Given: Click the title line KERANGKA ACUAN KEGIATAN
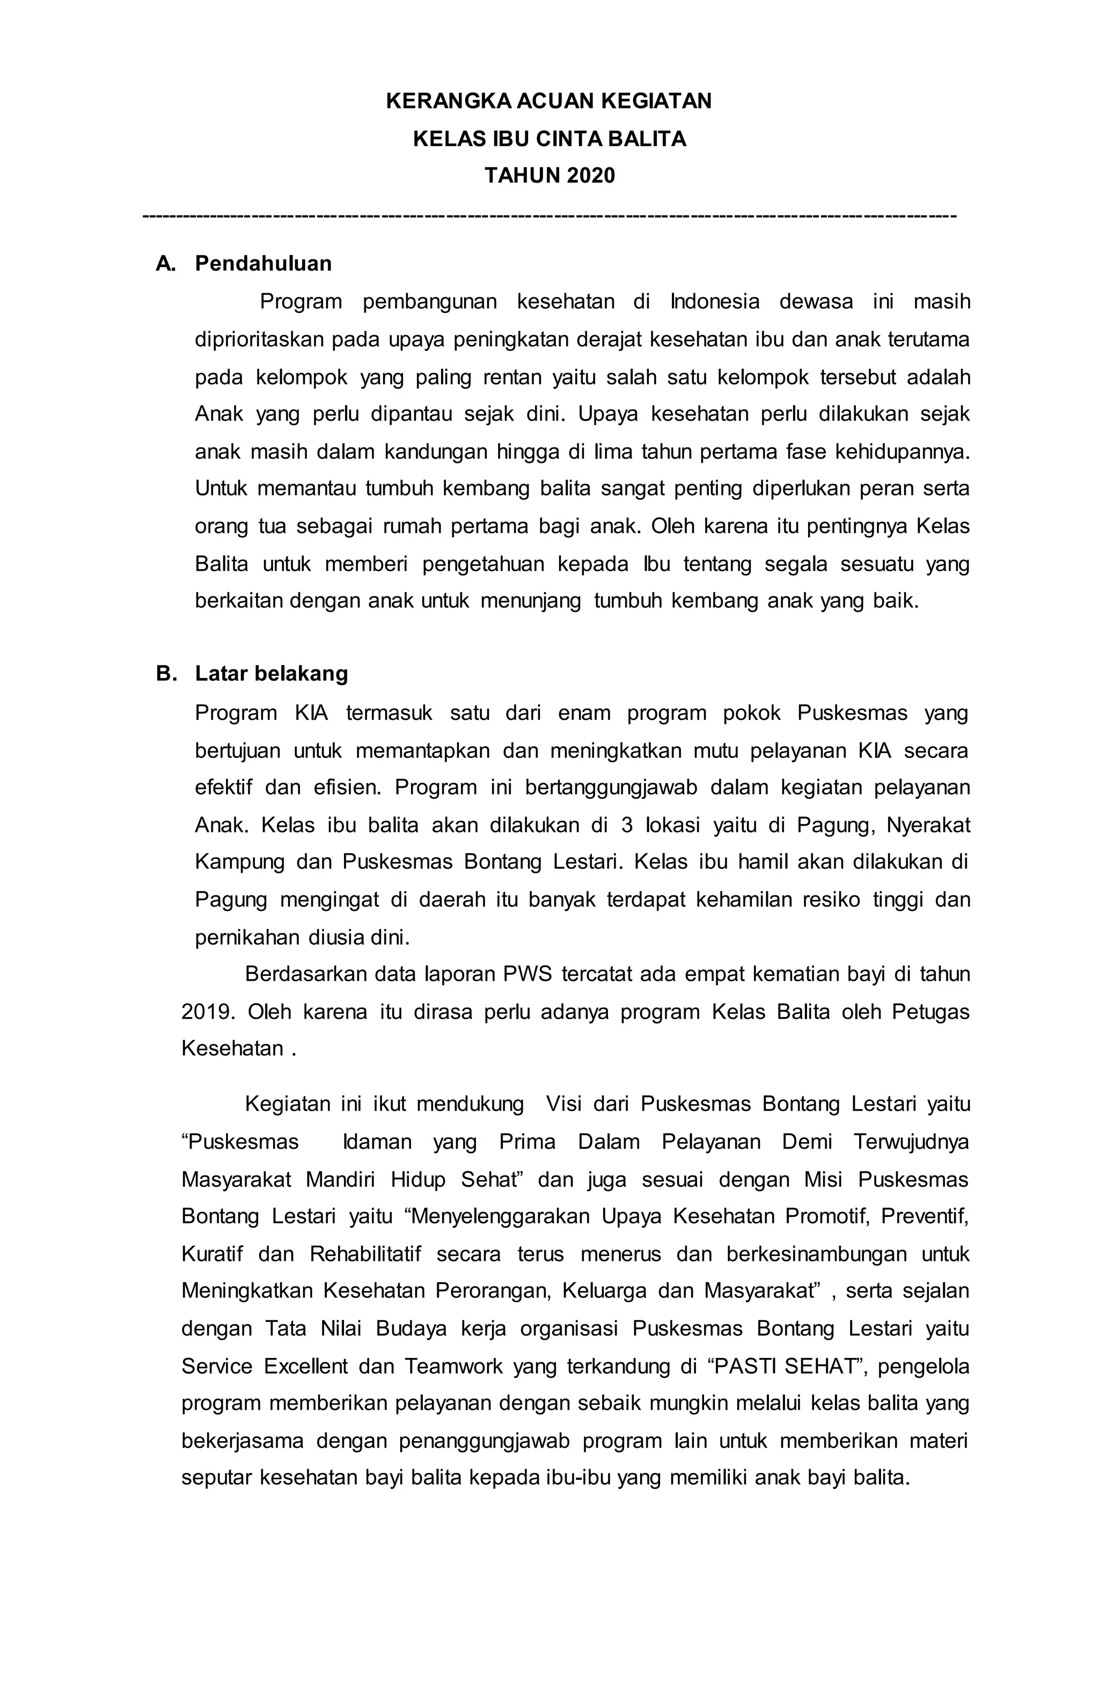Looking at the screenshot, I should click(x=549, y=101).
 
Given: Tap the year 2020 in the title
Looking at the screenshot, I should click(x=590, y=175).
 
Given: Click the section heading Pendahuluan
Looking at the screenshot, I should click(x=263, y=264).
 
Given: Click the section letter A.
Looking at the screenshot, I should click(x=164, y=264).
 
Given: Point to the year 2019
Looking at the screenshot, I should click(x=206, y=1012).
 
